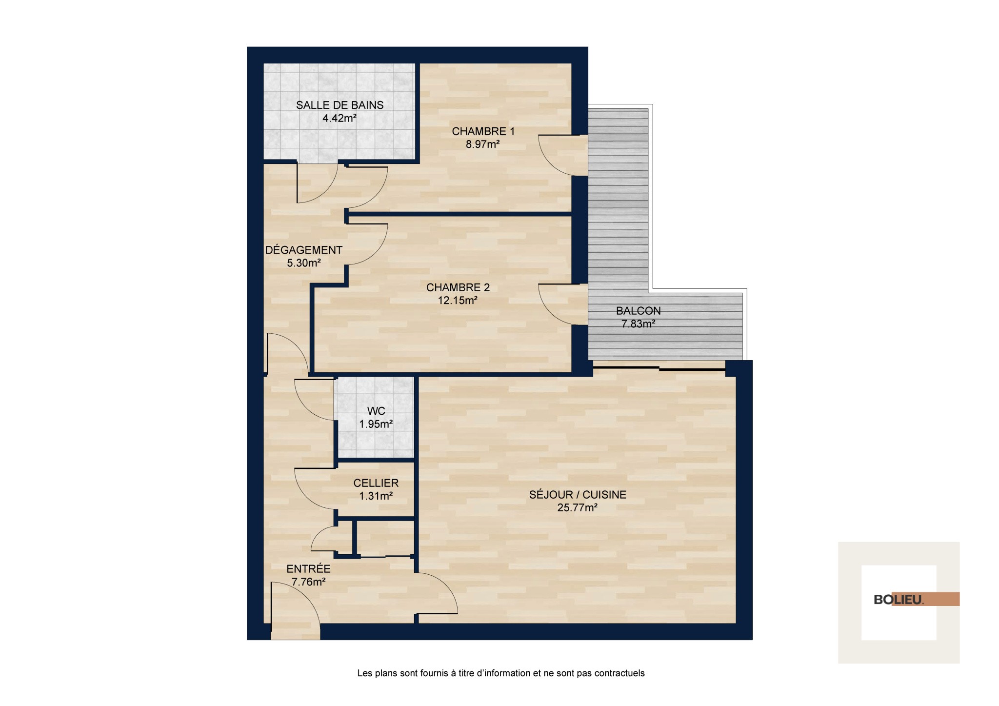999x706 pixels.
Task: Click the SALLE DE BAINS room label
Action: [x=340, y=105]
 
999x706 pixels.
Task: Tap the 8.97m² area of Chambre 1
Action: [x=482, y=144]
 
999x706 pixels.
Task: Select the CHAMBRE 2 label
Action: [x=458, y=287]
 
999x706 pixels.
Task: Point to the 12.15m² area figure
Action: [x=457, y=300]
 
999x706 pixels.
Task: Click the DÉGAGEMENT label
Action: [x=303, y=250]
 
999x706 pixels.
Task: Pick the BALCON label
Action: [x=638, y=311]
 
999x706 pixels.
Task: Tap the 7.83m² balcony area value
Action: [x=638, y=323]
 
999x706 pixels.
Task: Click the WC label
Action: [x=376, y=411]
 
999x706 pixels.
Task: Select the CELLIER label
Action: [x=376, y=483]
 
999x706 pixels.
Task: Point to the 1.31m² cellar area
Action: [x=376, y=496]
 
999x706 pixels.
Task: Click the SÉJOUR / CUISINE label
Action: [x=578, y=495]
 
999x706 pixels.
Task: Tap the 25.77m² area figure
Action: [x=578, y=507]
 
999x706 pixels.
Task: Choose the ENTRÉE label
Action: [x=308, y=569]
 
